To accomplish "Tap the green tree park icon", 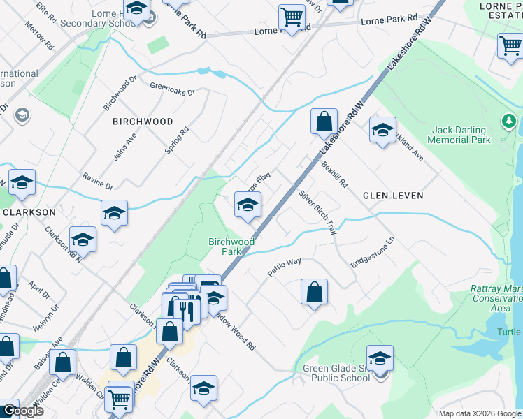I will (508, 122).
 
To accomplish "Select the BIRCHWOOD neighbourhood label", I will (143, 122).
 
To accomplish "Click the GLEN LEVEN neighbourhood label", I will (393, 196).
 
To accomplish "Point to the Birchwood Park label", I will (230, 247).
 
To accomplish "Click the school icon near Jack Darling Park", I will (382, 130).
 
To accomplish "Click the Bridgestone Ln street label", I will (373, 253).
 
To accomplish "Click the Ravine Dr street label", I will (97, 182).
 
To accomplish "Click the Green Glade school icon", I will (380, 359).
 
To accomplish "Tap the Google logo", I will (23, 411).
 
